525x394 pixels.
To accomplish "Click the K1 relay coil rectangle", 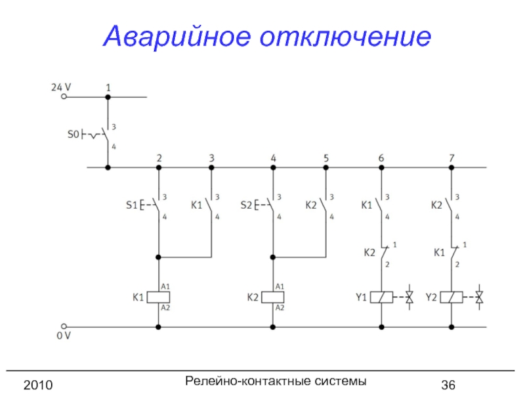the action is pyautogui.click(x=158, y=297).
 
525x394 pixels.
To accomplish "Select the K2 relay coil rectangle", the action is pyautogui.click(x=272, y=297).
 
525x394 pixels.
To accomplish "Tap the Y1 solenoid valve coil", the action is pyautogui.click(x=381, y=297).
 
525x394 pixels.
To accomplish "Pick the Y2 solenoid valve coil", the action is pyautogui.click(x=451, y=297).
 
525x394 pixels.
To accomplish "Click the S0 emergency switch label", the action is pyautogui.click(x=73, y=134).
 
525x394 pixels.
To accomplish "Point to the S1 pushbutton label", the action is pyautogui.click(x=131, y=205).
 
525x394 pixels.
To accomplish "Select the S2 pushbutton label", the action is pyautogui.click(x=246, y=205).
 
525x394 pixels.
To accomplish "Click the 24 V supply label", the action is pyautogui.click(x=61, y=86).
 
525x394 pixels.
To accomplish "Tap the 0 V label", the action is pyautogui.click(x=63, y=336).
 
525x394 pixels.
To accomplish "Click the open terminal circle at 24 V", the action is pyautogui.click(x=64, y=97).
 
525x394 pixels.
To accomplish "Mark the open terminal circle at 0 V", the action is pyautogui.click(x=64, y=326).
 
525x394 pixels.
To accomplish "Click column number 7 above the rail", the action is pyautogui.click(x=451, y=158).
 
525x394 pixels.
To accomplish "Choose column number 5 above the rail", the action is pyautogui.click(x=326, y=158).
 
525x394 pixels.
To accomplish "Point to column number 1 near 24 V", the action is pyautogui.click(x=108, y=87).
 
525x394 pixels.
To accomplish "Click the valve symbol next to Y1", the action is pyautogui.click(x=409, y=297).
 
